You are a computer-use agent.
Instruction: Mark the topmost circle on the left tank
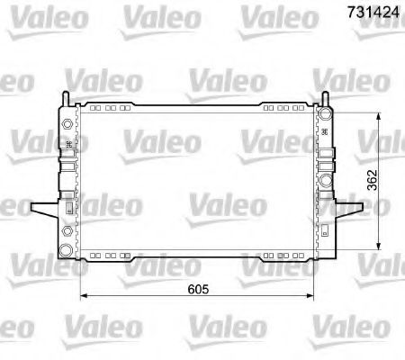tap(68, 121)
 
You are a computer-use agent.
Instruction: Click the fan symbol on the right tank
tap(325, 131)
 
